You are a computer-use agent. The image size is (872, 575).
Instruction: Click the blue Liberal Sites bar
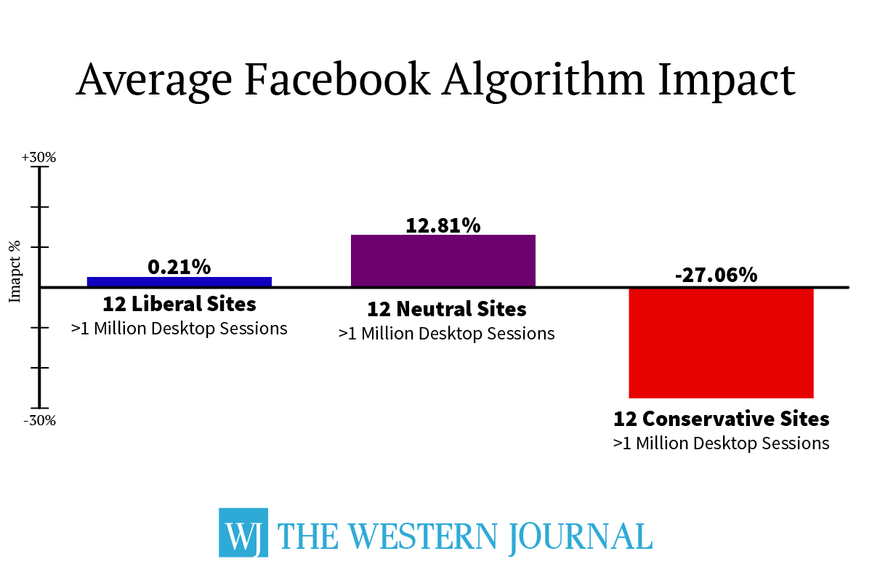[x=179, y=281]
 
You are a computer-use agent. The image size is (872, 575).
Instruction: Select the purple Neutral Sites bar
[x=443, y=260]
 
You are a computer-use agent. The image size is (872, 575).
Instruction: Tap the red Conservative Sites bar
[x=721, y=342]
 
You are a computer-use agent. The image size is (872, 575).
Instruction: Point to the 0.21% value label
[x=179, y=267]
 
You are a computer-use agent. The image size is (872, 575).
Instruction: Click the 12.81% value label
[x=443, y=225]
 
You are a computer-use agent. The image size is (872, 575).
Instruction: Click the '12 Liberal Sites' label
[x=179, y=303]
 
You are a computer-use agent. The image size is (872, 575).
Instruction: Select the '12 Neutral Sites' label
[x=446, y=309]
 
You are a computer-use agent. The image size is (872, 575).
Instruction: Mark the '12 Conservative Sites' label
[x=721, y=419]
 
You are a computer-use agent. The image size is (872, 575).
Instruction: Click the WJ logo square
[x=243, y=532]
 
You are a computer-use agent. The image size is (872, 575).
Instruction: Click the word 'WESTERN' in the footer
[x=416, y=536]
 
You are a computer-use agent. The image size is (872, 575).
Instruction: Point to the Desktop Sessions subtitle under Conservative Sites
[x=721, y=443]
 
